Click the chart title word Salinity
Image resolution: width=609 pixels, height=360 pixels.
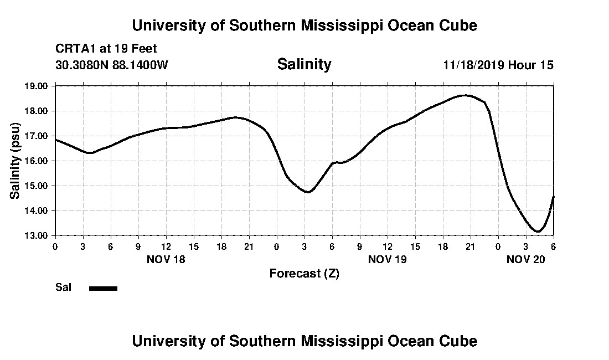(x=304, y=64)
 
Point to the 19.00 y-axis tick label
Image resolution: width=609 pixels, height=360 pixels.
(x=37, y=86)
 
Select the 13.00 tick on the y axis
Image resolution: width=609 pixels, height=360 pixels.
(x=37, y=235)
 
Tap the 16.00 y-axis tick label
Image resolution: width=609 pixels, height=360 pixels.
(x=37, y=161)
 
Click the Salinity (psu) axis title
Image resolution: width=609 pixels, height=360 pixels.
(x=15, y=161)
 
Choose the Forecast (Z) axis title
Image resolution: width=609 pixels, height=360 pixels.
(x=304, y=274)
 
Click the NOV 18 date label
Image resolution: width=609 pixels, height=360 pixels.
(x=166, y=259)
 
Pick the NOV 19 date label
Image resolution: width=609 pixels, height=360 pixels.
(x=388, y=259)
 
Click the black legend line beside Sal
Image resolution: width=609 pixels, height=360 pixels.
(x=103, y=288)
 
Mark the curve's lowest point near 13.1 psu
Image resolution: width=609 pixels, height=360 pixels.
(x=537, y=232)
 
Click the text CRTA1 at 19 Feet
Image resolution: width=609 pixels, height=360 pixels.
(x=106, y=49)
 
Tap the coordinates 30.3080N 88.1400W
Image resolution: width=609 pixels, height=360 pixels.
(x=112, y=65)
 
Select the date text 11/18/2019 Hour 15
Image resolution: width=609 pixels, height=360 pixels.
(x=498, y=65)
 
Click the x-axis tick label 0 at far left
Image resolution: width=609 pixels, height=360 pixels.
(x=55, y=246)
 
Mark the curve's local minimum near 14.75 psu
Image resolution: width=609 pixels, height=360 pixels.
(x=308, y=192)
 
